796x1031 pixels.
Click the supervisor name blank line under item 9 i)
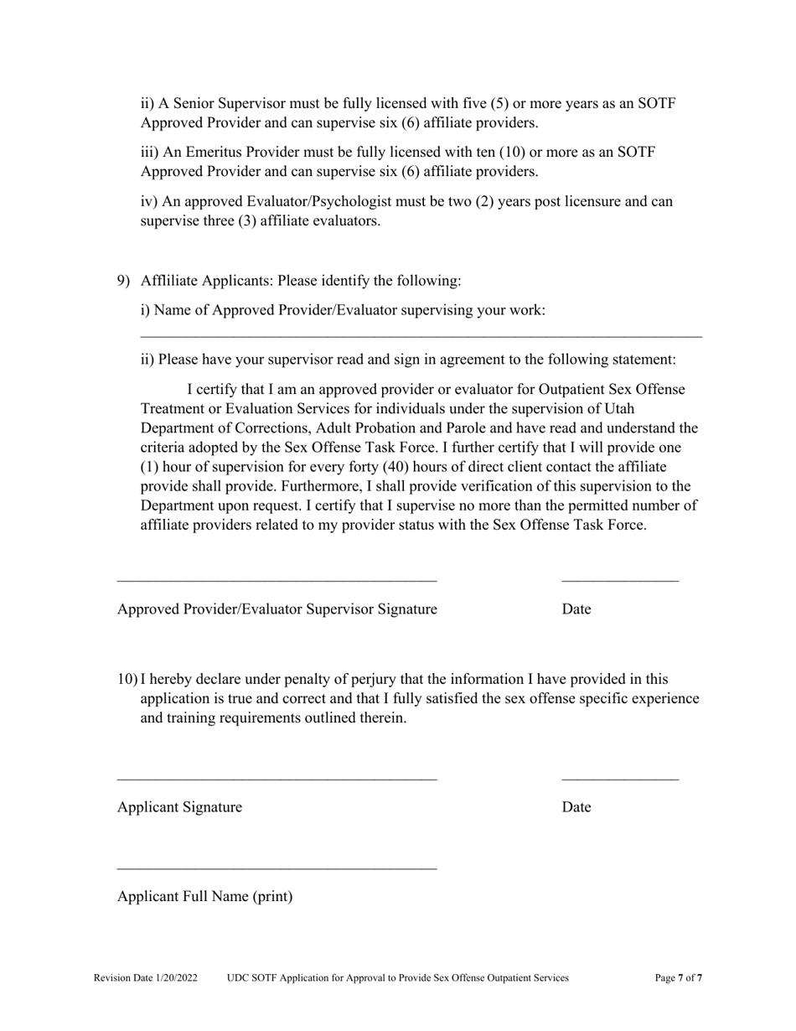click(421, 336)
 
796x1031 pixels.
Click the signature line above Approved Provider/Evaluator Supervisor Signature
click(277, 580)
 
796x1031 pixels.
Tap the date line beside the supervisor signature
click(620, 580)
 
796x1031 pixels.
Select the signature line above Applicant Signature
click(277, 779)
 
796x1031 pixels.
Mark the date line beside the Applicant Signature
click(620, 779)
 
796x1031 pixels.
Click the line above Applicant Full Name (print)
click(277, 868)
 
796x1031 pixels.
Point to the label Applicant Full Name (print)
click(205, 897)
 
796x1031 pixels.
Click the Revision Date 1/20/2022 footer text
click(146, 977)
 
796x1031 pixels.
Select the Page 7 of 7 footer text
click(679, 977)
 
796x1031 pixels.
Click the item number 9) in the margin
click(123, 280)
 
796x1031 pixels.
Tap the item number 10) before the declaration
click(127, 679)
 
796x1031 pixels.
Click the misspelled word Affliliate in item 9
click(170, 280)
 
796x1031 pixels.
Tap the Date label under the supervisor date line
click(576, 609)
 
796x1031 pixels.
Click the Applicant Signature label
click(179, 807)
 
